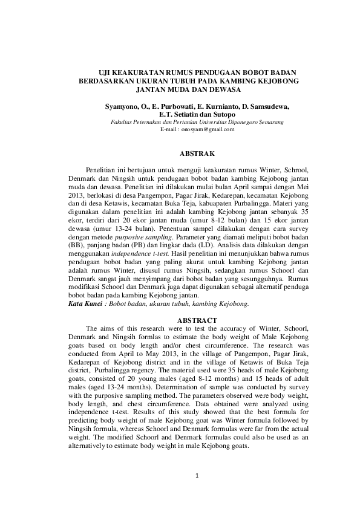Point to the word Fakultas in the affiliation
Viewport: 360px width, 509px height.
click(121, 123)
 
